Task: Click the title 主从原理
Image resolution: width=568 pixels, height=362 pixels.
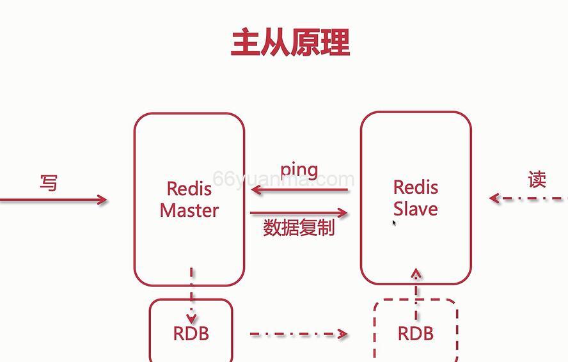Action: click(x=290, y=42)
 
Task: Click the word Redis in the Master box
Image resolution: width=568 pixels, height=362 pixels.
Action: click(x=189, y=189)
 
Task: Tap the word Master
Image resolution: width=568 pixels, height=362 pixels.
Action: click(x=189, y=210)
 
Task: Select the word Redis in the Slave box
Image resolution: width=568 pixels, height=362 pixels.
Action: click(x=416, y=187)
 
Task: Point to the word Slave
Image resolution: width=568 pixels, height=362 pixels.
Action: click(x=416, y=209)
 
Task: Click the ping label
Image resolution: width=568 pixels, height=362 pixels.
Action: click(x=299, y=169)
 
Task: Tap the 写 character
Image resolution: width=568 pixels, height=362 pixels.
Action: click(x=49, y=183)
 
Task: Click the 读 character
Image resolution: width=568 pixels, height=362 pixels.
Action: click(x=537, y=180)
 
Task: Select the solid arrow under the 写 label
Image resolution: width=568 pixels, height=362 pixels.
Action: click(x=54, y=200)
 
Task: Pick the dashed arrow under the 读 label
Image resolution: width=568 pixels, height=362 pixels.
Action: click(x=528, y=198)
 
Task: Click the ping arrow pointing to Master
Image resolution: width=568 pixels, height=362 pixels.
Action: click(x=301, y=190)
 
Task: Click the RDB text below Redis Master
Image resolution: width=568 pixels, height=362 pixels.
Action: click(x=191, y=333)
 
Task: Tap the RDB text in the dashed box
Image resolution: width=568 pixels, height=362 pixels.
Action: click(x=416, y=333)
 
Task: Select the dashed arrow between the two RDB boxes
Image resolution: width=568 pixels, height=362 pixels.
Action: click(x=298, y=334)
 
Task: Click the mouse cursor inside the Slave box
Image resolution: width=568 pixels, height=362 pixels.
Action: click(x=395, y=223)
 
